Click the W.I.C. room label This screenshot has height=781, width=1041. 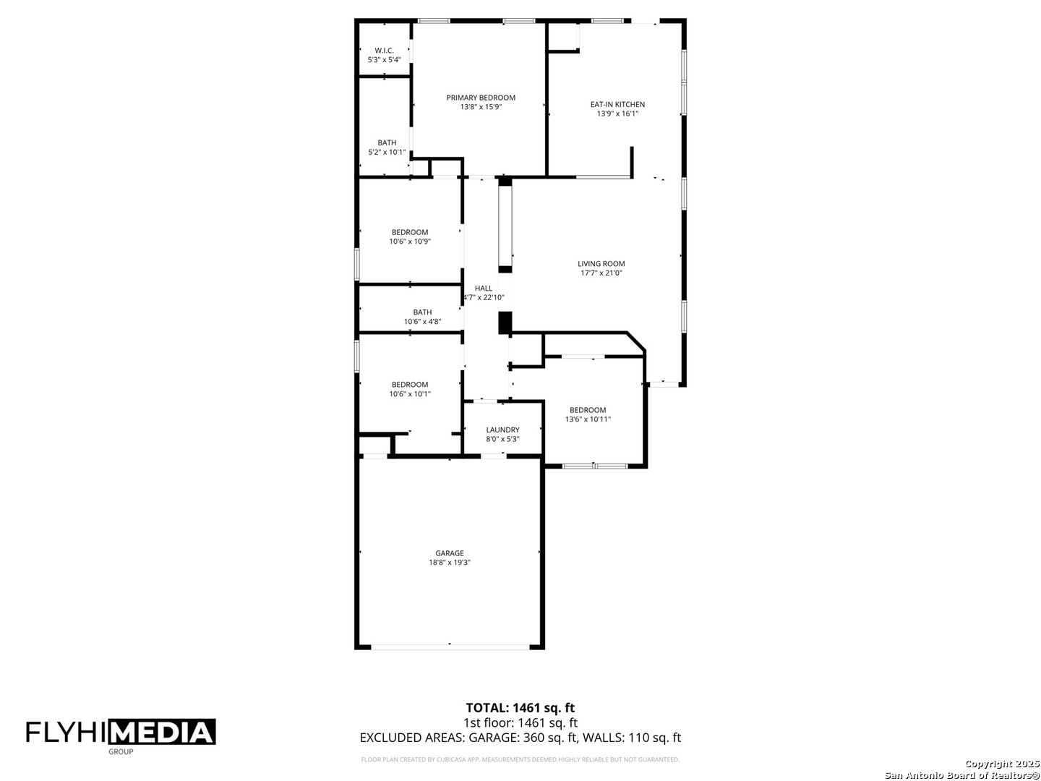click(x=384, y=51)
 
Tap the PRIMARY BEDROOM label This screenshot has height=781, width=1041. click(x=481, y=98)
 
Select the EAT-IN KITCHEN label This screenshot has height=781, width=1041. click(x=617, y=104)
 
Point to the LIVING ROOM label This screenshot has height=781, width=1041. click(x=601, y=264)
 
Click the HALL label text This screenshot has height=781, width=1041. click(x=484, y=288)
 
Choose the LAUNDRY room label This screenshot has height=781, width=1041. click(x=502, y=430)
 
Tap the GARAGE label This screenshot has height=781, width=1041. click(x=450, y=553)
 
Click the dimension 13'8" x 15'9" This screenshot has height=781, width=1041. click(x=481, y=107)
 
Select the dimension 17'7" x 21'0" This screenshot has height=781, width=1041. click(x=601, y=273)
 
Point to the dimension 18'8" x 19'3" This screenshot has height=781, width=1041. click(x=450, y=563)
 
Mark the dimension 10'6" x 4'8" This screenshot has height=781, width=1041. click(x=422, y=322)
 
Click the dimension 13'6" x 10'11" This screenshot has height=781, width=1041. click(x=588, y=419)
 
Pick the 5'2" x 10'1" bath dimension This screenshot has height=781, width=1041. click(x=387, y=152)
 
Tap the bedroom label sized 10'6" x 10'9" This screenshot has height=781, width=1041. click(x=410, y=232)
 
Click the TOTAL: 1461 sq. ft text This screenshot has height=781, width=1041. click(x=520, y=708)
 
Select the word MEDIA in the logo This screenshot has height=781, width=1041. click(x=162, y=733)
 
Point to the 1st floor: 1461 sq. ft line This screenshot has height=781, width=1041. click(x=520, y=722)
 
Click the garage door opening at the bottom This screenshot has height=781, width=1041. click(x=450, y=646)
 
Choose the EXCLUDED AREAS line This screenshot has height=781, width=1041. click(x=520, y=738)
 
